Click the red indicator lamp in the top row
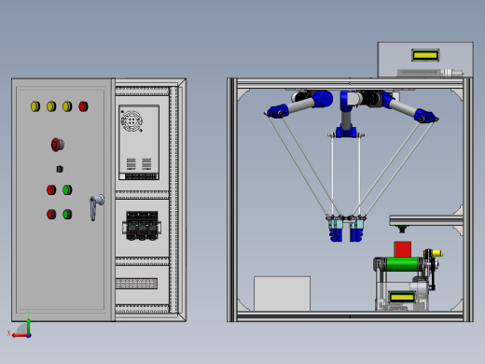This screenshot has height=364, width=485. [x=83, y=106]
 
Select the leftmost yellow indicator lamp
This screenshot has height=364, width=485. [x=35, y=106]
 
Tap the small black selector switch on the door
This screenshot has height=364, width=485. [x=60, y=169]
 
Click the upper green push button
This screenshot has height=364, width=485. [x=67, y=189]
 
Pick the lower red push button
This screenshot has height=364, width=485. [x=51, y=214]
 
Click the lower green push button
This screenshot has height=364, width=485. [x=67, y=214]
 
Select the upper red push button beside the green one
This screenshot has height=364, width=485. [x=51, y=189]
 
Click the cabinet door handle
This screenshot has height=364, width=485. [x=94, y=207]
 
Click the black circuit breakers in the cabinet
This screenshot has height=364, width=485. [x=140, y=225]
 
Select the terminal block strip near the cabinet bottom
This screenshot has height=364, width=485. [x=136, y=283]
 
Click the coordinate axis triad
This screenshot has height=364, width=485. [x=23, y=329]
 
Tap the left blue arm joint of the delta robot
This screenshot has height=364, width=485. [x=277, y=112]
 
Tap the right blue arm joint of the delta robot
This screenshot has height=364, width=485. [x=424, y=116]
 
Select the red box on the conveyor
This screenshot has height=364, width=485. [x=402, y=249]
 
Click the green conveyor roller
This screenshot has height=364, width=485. [x=403, y=264]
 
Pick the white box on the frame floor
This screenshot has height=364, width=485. [x=282, y=293]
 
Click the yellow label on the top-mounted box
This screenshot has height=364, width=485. [x=425, y=54]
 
